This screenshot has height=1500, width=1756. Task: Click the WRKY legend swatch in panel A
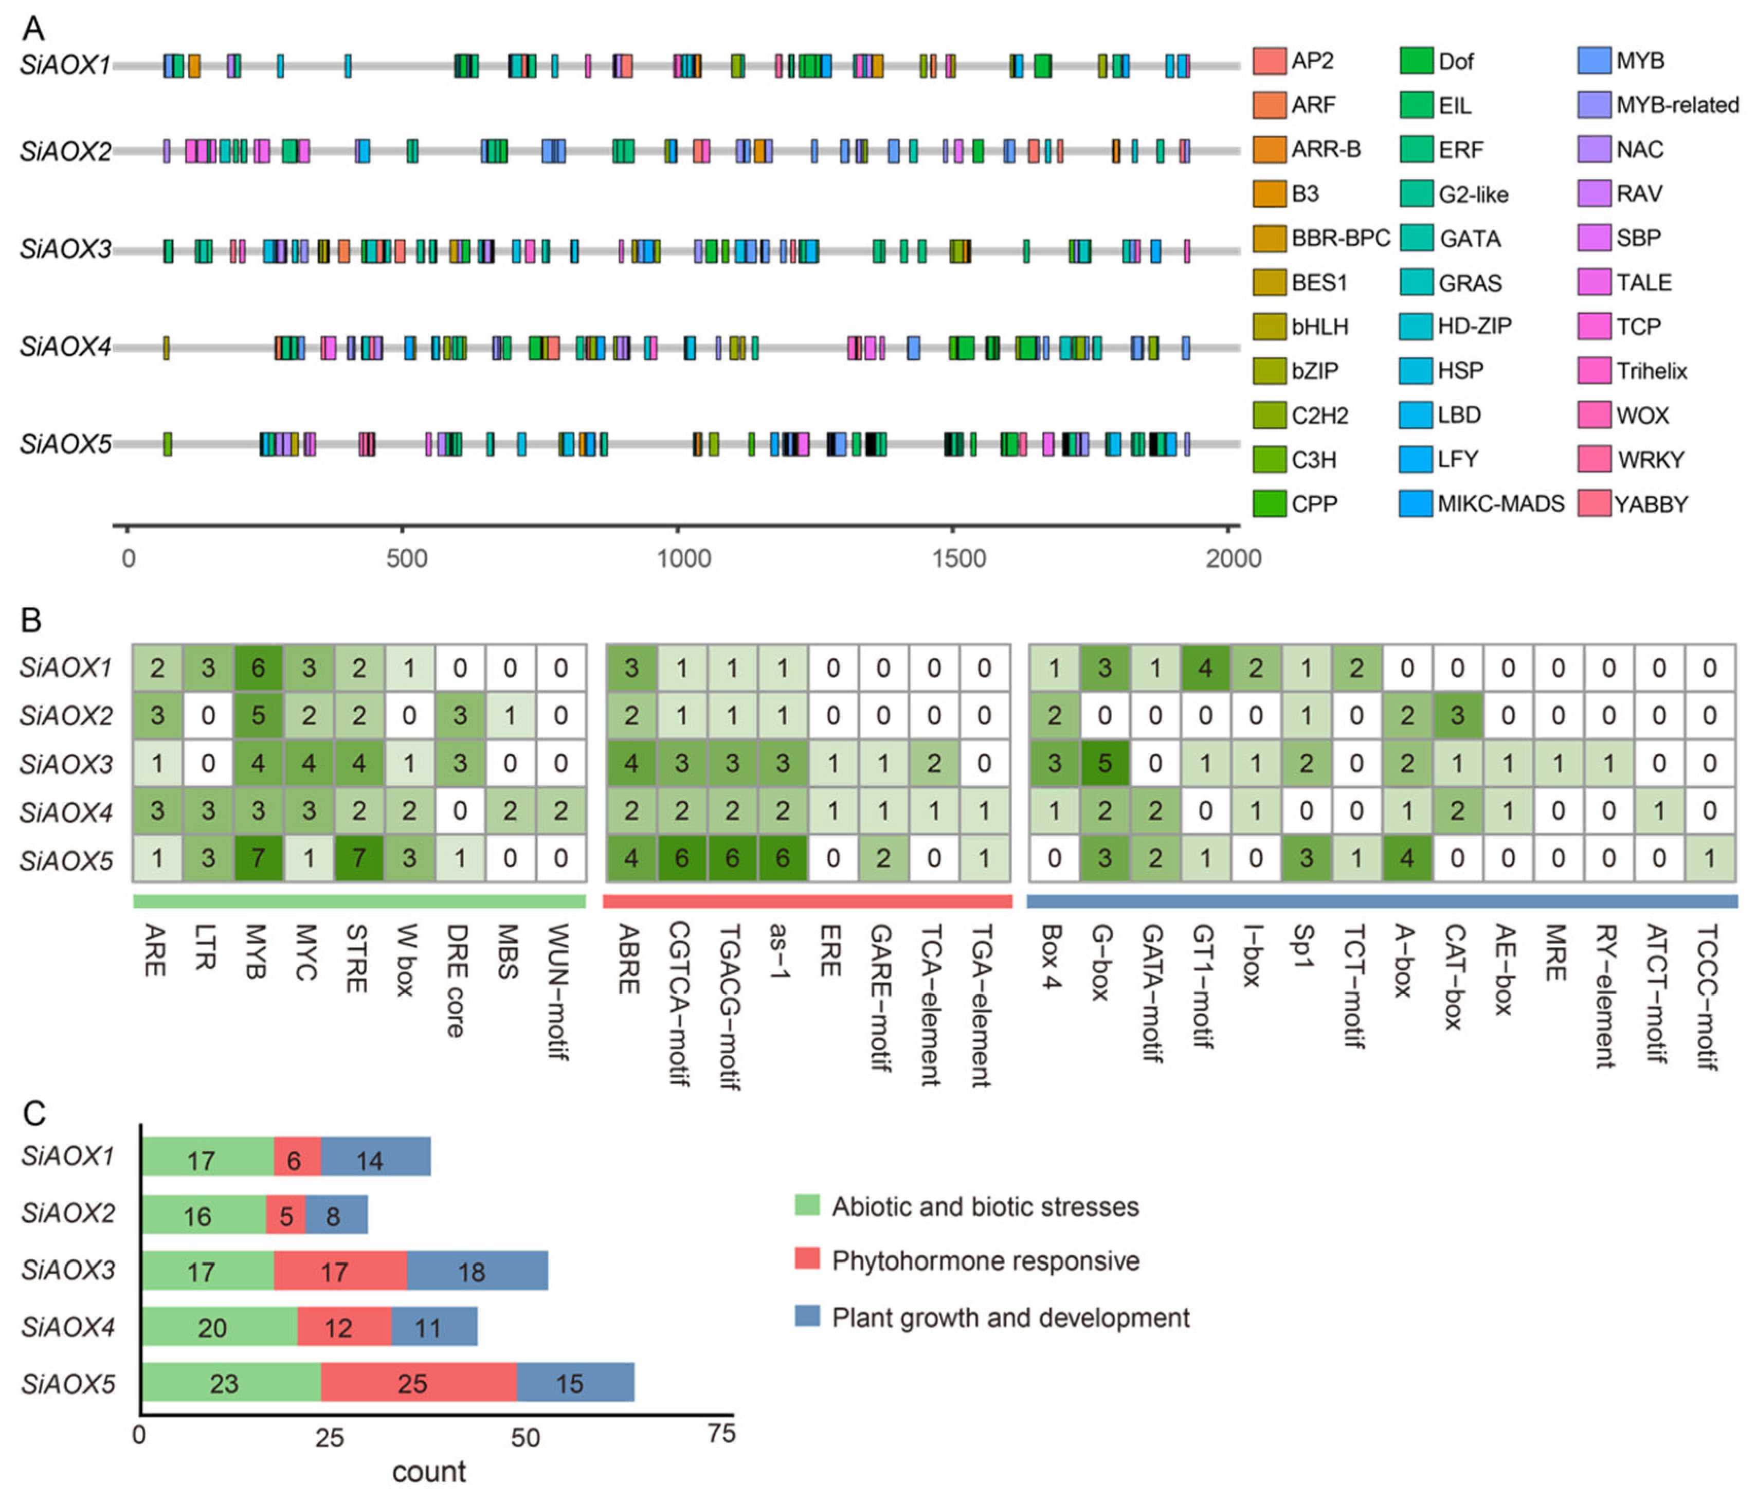click(x=1594, y=459)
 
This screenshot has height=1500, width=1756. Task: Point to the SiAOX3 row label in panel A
click(x=66, y=249)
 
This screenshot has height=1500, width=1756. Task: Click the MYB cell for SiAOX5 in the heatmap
click(x=258, y=858)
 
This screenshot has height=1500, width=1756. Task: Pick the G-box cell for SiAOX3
click(x=1103, y=764)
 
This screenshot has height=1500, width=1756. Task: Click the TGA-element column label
click(x=982, y=1004)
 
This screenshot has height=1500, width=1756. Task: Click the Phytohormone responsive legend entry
click(x=985, y=1261)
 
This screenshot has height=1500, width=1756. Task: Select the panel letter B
click(x=31, y=620)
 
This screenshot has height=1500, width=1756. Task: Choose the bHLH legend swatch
click(x=1269, y=326)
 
